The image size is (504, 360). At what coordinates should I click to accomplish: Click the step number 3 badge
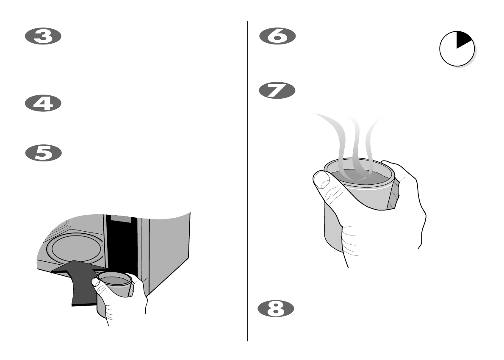tap(43, 37)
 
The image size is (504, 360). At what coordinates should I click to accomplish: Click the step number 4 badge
tap(43, 104)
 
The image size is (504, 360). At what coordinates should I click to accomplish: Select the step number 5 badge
tap(43, 153)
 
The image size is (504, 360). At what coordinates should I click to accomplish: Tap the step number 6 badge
tap(277, 37)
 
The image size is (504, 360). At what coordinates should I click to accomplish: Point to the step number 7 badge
tap(277, 91)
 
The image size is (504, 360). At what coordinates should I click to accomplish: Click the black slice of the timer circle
tap(463, 40)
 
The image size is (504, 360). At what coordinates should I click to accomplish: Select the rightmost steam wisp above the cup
tap(373, 136)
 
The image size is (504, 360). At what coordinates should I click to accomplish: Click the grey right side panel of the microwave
tap(169, 250)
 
